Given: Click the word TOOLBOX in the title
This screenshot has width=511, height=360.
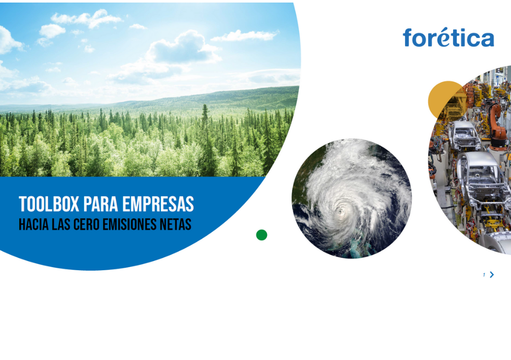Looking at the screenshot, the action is tap(49, 204).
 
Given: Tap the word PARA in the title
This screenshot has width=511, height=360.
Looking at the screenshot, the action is tap(100, 204).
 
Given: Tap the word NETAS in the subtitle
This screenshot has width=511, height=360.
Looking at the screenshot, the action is tap(176, 224).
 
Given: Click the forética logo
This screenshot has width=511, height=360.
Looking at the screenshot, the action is tap(449, 38).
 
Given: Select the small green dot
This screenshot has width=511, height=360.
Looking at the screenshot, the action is tap(262, 235).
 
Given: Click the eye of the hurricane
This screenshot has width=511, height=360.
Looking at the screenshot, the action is tap(341, 211).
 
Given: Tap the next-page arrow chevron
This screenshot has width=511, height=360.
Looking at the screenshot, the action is tap(492, 275).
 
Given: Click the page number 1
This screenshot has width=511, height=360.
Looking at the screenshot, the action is tap(484, 275).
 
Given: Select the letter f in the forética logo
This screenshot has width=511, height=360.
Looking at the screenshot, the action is tap(407, 38).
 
